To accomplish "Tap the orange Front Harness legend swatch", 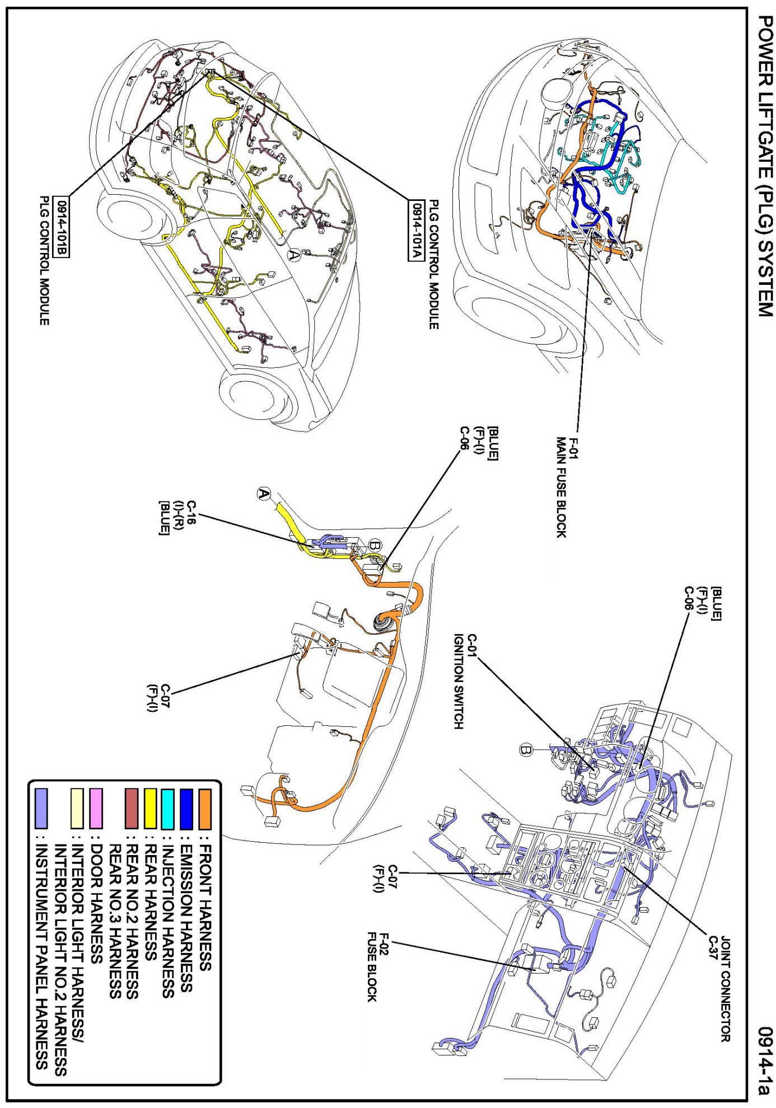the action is pos(205,808).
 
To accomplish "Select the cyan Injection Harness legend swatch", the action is pos(167,808).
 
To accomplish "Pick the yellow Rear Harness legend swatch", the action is pos(150,808).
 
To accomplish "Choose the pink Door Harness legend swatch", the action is pos(96,808).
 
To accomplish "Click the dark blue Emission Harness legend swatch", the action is pos(186,808).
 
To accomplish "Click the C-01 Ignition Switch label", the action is pos(465,680).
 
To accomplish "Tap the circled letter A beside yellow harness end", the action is pos(264,494).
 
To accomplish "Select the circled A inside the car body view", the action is pos(293,255).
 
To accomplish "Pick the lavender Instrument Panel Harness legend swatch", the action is pos(41,808).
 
